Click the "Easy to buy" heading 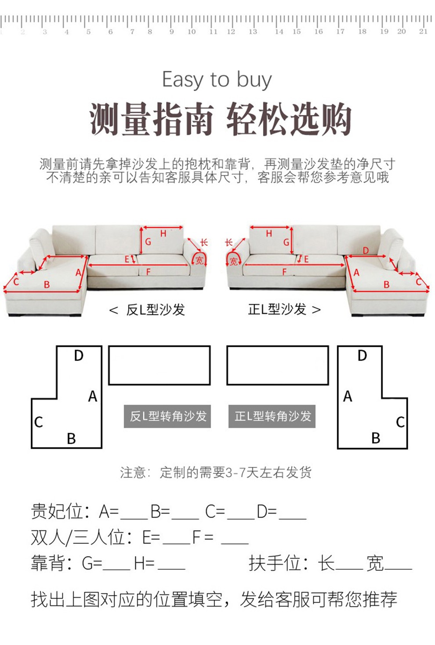pos(217,80)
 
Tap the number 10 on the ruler pos(192,32)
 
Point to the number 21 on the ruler pos(423,31)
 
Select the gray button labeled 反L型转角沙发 pos(167,416)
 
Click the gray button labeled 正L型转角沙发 pos(272,416)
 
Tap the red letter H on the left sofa pos(163,233)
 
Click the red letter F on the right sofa pos(284,272)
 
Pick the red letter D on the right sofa pos(366,251)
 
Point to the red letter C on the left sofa pos(16,282)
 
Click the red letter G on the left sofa pos(148,241)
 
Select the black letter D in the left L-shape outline pos(79,356)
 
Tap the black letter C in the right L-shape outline pos(400,423)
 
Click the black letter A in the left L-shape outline pos(93,397)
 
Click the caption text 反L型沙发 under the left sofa pos(156,310)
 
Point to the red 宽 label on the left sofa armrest pos(199,261)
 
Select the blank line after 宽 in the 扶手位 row pos(399,569)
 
